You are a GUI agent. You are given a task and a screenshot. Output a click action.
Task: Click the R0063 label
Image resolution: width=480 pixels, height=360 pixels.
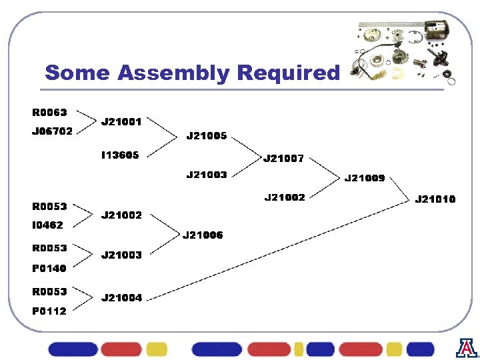tap(49, 112)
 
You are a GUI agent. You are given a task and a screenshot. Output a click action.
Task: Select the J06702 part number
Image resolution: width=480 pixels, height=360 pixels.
tap(53, 131)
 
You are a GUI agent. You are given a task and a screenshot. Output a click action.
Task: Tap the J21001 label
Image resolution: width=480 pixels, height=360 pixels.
tap(121, 122)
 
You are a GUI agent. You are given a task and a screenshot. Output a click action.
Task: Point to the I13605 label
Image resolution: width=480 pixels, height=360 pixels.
tap(120, 155)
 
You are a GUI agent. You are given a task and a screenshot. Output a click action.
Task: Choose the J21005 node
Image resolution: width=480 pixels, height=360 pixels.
tap(207, 136)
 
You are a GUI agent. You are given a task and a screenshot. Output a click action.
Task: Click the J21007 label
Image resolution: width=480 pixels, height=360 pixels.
tap(284, 159)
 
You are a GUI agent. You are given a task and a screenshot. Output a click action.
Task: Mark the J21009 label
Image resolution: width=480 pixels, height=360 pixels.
tap(364, 178)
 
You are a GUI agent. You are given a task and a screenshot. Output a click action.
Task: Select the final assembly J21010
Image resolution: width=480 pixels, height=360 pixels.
tap(435, 199)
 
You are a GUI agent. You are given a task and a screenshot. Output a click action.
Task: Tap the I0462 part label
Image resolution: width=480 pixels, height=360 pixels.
tap(47, 225)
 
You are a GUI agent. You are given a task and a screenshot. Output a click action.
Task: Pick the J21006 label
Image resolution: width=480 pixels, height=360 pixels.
tap(203, 235)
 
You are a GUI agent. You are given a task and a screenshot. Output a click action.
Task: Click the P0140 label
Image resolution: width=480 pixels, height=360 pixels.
tap(49, 269)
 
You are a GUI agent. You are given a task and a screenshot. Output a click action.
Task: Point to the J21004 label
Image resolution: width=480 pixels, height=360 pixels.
tap(121, 298)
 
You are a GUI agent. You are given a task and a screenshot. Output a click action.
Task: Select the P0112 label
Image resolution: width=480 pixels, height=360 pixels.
tap(49, 311)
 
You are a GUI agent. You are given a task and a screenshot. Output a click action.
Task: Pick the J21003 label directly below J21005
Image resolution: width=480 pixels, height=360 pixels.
tap(207, 175)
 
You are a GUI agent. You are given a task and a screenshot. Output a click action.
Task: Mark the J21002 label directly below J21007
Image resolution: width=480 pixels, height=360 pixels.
tap(285, 197)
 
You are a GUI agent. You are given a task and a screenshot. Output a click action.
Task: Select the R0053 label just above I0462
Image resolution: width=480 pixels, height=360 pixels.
tap(49, 207)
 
